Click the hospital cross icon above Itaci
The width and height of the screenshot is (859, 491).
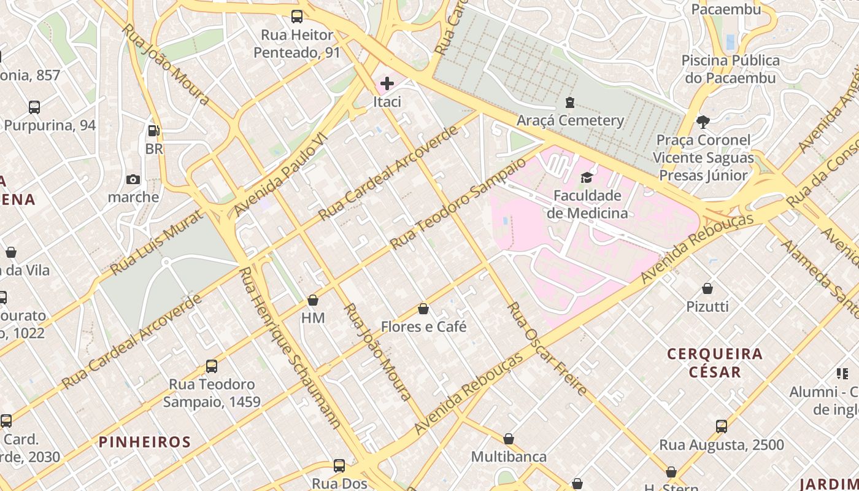[387, 83]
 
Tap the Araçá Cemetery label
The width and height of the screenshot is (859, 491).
[570, 120]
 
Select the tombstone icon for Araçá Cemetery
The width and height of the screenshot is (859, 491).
[570, 102]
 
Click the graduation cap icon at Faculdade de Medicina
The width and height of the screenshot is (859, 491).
[587, 177]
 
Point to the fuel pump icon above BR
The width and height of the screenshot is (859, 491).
[153, 130]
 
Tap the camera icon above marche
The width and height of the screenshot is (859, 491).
[133, 179]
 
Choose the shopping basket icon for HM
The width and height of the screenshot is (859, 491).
[313, 300]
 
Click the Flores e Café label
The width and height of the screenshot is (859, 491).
[423, 327]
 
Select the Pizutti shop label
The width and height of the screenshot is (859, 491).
[707, 306]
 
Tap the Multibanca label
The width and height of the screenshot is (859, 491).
[509, 457]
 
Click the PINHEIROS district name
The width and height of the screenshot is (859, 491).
[145, 441]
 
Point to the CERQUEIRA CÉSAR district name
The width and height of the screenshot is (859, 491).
[715, 363]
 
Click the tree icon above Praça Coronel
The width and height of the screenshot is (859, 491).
[703, 122]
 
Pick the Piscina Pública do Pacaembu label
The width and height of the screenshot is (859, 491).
[730, 69]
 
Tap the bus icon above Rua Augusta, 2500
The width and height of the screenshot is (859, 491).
[722, 426]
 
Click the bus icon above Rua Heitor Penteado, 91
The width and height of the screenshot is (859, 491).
[297, 17]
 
